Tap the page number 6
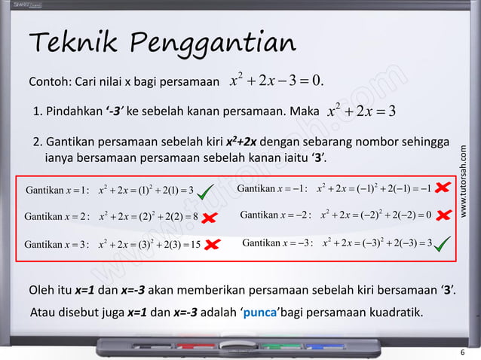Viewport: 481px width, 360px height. click(x=462, y=352)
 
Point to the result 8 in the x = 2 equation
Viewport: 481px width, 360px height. click(x=195, y=217)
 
